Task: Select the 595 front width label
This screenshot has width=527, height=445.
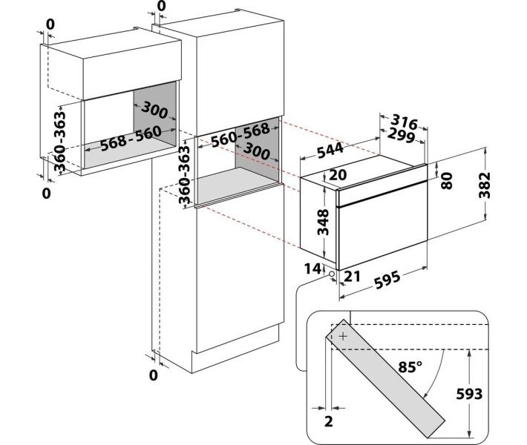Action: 387,280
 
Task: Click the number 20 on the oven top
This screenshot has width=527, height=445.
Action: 338,175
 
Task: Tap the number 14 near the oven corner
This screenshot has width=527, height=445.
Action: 312,267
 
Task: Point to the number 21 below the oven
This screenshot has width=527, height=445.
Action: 353,277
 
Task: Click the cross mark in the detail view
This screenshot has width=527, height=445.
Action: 342,336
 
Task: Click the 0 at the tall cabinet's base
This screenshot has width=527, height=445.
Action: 153,375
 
